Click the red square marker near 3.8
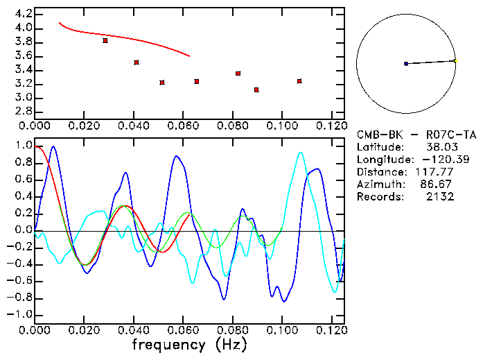(105, 41)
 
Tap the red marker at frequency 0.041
(137, 62)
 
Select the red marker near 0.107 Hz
(299, 81)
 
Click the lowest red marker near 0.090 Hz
(256, 90)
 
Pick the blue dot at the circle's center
(406, 64)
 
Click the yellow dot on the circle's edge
(455, 61)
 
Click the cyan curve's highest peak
(300, 153)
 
